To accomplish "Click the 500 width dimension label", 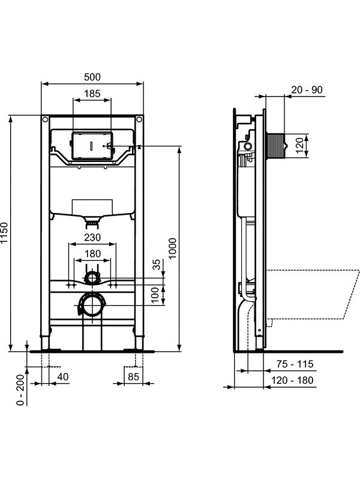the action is [x=92, y=77].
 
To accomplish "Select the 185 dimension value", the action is [x=92, y=94].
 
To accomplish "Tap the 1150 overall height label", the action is [x=4, y=233].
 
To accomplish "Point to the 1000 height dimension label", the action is [x=173, y=248].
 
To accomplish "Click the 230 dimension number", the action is [x=92, y=237].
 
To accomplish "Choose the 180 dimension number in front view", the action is [x=92, y=253].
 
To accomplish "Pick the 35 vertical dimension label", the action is [x=157, y=264].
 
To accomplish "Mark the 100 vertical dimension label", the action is [x=156, y=295].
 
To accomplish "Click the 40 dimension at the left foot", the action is [x=63, y=377].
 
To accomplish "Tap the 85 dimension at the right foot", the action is [x=133, y=377].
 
